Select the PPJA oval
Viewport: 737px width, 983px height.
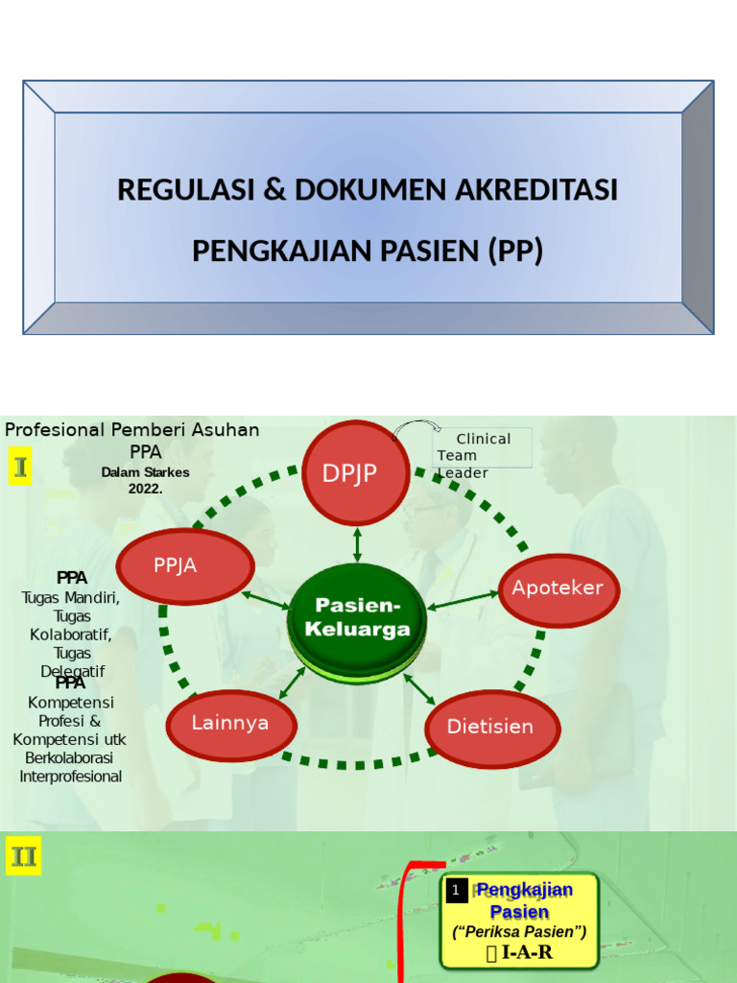tap(185, 565)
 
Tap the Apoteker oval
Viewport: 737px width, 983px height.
tap(559, 588)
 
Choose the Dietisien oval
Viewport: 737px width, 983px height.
tap(490, 727)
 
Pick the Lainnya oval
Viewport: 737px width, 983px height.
tap(230, 724)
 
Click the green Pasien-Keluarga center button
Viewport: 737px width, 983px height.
tap(357, 619)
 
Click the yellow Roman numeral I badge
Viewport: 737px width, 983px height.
tap(20, 467)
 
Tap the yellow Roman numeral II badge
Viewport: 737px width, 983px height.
tap(23, 855)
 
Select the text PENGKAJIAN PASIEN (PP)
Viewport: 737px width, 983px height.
tap(368, 251)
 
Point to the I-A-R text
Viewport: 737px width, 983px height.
tap(519, 952)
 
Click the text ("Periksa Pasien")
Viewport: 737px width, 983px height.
tap(519, 931)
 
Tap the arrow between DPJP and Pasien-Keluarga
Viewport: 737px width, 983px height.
tap(357, 543)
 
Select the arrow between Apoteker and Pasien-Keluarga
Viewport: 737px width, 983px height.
tap(463, 601)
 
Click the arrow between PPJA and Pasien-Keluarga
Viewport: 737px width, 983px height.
tap(266, 600)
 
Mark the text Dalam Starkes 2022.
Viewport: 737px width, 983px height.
tap(146, 480)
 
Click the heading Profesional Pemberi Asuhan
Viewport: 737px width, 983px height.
tap(132, 429)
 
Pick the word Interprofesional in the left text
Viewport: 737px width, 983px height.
tap(71, 776)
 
